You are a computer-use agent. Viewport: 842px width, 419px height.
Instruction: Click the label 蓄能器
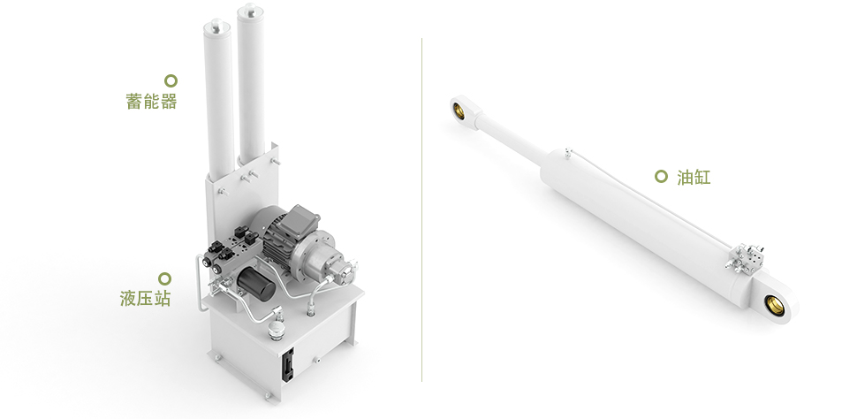151,101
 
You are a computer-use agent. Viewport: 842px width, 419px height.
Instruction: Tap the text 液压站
146,298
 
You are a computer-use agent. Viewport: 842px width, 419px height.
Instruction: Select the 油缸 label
694,178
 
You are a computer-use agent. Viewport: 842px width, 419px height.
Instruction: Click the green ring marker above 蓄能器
171,80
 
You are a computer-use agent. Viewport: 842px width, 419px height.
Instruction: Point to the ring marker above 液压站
165,278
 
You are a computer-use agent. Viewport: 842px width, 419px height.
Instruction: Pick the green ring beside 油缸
661,176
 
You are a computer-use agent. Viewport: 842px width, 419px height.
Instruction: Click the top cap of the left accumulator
217,27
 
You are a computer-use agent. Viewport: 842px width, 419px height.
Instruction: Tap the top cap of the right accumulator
250,11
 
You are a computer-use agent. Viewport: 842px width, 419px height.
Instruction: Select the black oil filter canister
256,284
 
